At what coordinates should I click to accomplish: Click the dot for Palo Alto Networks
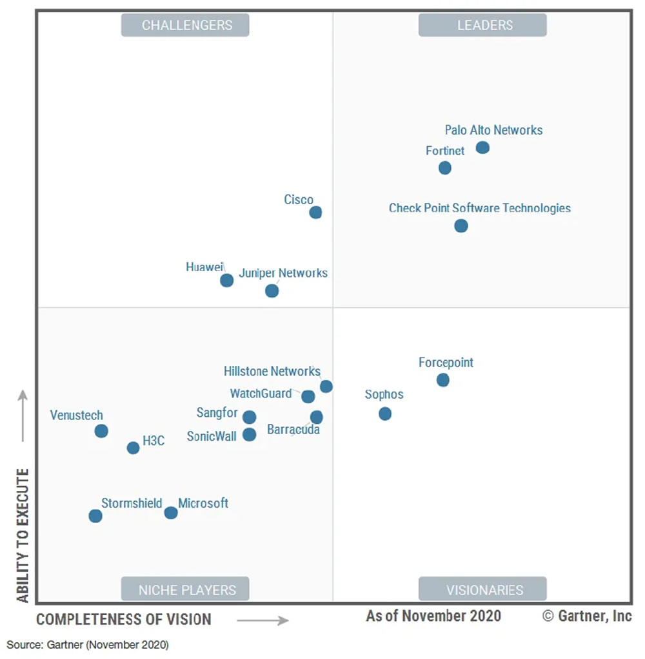click(x=482, y=148)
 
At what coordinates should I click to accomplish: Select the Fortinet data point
click(x=444, y=168)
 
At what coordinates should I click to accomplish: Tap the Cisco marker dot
click(x=315, y=213)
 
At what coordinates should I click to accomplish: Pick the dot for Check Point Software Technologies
click(x=461, y=226)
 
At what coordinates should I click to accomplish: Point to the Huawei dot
click(x=226, y=280)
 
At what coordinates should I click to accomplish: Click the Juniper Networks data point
click(x=272, y=291)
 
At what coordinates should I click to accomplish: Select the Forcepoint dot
click(x=442, y=380)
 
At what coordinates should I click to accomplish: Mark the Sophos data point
click(x=385, y=414)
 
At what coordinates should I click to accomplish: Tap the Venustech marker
click(x=101, y=431)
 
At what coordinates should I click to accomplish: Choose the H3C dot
click(x=133, y=448)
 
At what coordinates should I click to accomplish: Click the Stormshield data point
click(x=95, y=516)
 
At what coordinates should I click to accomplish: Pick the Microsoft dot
click(x=170, y=513)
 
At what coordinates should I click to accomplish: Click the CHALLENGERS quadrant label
click(x=186, y=25)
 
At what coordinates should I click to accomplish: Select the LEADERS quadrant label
click(x=484, y=25)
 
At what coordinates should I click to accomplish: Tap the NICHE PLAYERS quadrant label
click(x=186, y=589)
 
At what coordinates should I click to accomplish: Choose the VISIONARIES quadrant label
click(x=484, y=589)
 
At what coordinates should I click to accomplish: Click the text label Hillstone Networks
click(x=272, y=371)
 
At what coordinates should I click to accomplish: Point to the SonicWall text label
click(x=212, y=436)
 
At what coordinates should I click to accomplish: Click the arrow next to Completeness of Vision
click(x=263, y=620)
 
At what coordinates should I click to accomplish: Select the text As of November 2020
click(x=433, y=616)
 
